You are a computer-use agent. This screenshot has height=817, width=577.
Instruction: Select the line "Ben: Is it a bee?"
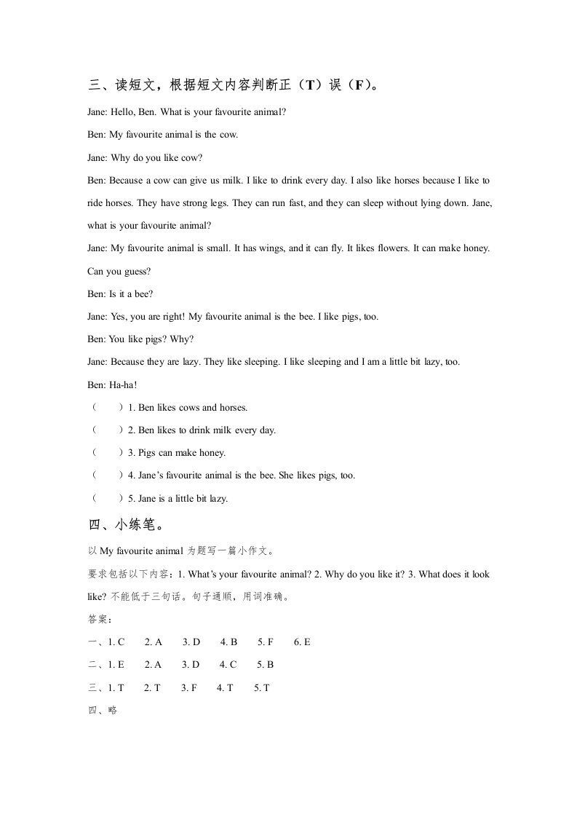point(120,294)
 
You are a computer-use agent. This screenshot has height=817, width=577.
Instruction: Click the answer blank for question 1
point(107,408)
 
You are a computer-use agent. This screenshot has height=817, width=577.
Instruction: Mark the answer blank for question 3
point(107,453)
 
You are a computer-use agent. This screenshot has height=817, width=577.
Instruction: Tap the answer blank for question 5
point(107,499)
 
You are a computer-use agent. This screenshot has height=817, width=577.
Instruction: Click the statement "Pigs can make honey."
point(177,453)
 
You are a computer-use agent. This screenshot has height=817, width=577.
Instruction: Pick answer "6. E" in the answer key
point(302,642)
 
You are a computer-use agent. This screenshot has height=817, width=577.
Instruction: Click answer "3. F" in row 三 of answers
point(188,687)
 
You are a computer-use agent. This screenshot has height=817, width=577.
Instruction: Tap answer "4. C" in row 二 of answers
point(228,665)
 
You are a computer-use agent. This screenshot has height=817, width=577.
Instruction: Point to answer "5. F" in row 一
point(265,642)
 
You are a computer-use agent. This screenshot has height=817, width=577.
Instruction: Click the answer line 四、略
point(102,711)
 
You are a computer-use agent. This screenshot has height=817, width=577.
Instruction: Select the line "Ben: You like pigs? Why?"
point(140,339)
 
